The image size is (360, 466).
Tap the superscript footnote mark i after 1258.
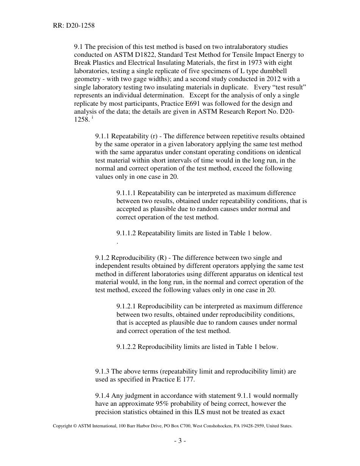coord(93,117)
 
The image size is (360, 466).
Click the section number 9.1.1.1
coord(126,193)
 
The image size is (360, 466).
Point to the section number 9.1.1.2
coord(126,233)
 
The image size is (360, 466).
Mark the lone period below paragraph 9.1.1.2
coord(118,241)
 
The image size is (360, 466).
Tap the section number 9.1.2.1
coord(126,306)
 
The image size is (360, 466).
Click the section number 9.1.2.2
coord(126,347)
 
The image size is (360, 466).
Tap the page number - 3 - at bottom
coord(180,441)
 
